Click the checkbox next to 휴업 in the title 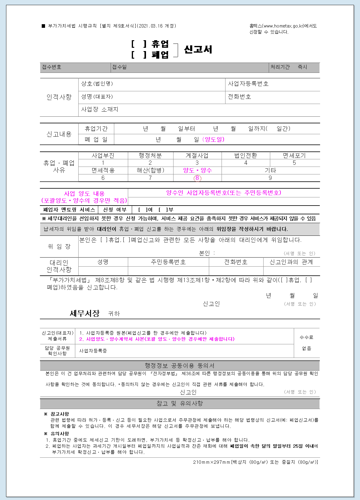click(x=139, y=44)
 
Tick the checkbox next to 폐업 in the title click(x=139, y=55)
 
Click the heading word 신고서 click(x=198, y=49)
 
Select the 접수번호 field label click(x=52, y=67)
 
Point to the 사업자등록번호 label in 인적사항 click(x=248, y=84)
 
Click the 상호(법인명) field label click(x=97, y=84)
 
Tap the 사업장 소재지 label click(x=99, y=109)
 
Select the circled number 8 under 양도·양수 click(x=197, y=178)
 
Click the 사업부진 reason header click(x=103, y=155)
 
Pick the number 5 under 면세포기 click(x=294, y=163)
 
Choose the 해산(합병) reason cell click(x=150, y=170)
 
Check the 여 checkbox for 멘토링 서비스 click(x=142, y=210)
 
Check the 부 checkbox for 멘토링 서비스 click(x=163, y=210)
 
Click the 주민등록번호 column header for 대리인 click(x=168, y=262)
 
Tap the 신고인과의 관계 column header click(x=291, y=262)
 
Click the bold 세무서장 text click(x=84, y=313)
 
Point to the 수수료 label click(x=306, y=337)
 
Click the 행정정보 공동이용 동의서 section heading click(x=180, y=365)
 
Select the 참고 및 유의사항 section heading click(x=180, y=404)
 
